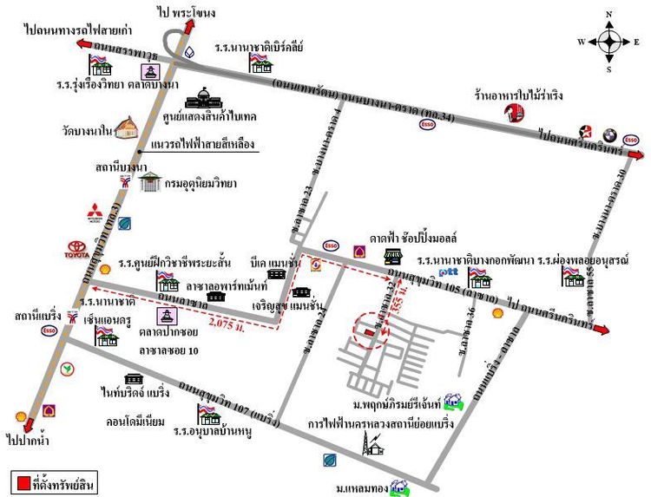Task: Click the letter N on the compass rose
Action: tap(610, 14)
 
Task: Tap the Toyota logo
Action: tap(79, 251)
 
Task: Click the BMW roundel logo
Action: tap(610, 135)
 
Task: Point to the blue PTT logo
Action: tap(449, 272)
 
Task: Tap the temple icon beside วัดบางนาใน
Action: tap(126, 128)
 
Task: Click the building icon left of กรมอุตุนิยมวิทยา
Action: tap(151, 182)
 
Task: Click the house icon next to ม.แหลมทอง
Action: tap(399, 490)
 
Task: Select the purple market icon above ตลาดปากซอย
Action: tap(165, 317)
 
